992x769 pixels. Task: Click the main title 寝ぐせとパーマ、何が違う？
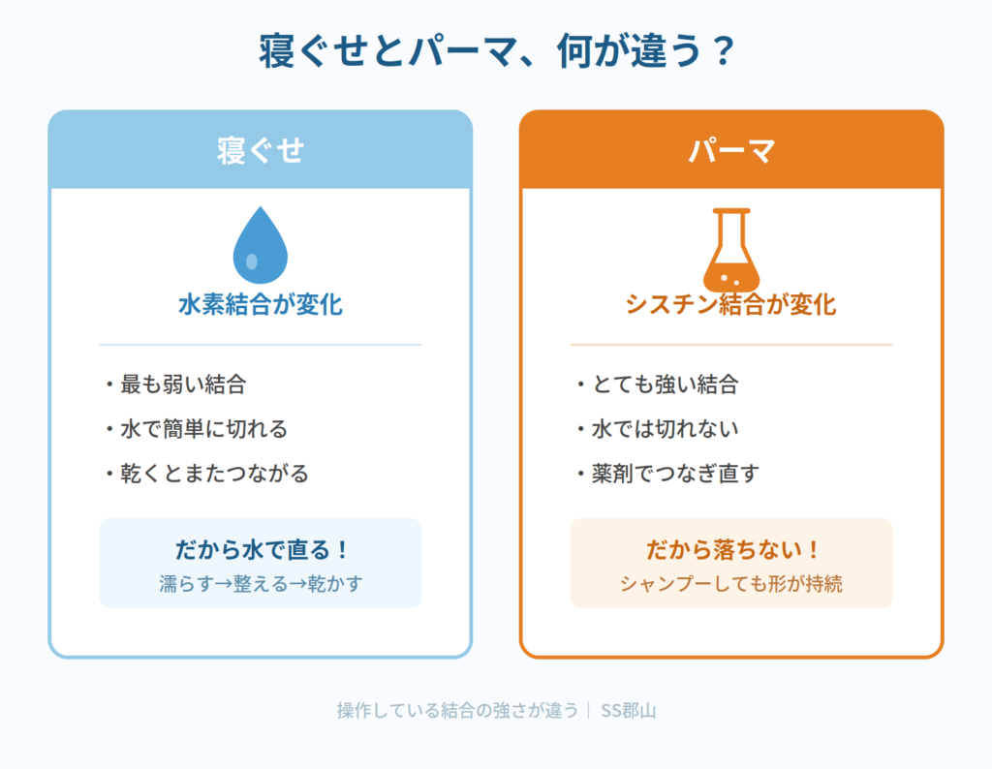pos(497,50)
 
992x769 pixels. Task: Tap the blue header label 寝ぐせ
pos(261,150)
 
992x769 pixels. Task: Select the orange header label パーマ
pos(731,150)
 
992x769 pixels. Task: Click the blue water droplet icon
pos(260,245)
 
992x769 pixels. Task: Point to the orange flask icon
pos(731,250)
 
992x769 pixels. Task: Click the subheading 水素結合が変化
pos(260,305)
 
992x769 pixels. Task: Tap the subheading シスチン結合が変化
pos(730,305)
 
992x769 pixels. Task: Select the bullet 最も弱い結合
pos(182,384)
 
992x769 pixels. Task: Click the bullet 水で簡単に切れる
pos(203,429)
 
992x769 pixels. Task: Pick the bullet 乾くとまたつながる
pos(214,473)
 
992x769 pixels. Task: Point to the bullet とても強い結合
pos(665,384)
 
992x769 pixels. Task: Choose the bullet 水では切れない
pos(665,429)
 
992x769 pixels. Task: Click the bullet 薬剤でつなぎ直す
pos(675,473)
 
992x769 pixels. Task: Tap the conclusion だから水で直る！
pos(261,549)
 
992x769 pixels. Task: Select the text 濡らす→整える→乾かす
pos(261,583)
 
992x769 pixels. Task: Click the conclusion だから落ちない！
pos(731,549)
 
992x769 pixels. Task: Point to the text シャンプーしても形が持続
pos(730,583)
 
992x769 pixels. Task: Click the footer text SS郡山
pos(628,711)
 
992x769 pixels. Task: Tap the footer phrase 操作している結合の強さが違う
pos(457,711)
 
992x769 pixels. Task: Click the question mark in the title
pos(722,50)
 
